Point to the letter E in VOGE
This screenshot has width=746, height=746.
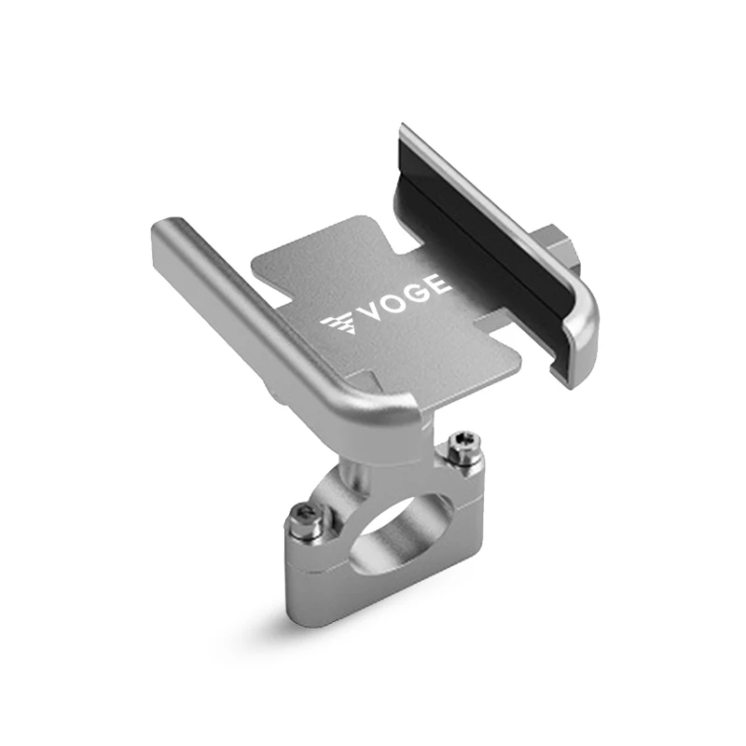point(438,284)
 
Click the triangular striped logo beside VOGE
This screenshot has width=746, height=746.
point(339,326)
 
